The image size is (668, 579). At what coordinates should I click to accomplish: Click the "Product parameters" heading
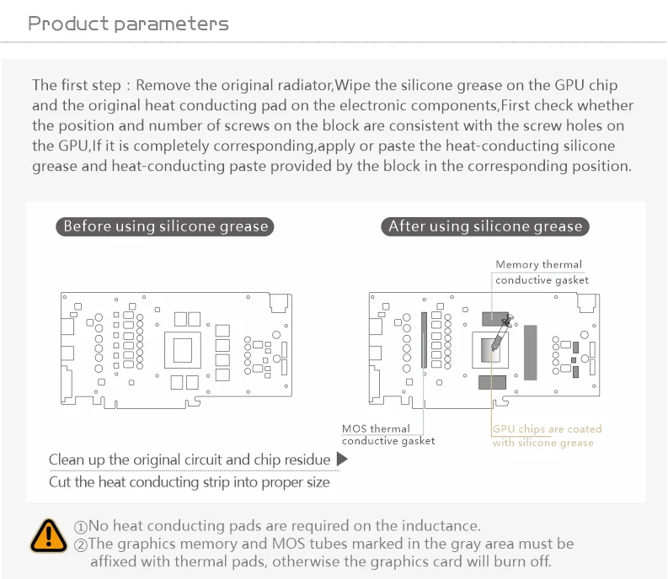[x=128, y=23]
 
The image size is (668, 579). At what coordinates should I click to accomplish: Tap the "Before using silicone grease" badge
[x=165, y=226]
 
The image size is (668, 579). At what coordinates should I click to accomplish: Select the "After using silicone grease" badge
[x=485, y=226]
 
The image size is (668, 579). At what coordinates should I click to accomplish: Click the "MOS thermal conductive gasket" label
[x=388, y=434]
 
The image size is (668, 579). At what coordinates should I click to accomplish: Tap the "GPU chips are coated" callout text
[x=547, y=429]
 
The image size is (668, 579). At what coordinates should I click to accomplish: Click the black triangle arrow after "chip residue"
[x=342, y=459]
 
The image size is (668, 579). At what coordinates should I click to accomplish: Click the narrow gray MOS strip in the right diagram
[x=424, y=340]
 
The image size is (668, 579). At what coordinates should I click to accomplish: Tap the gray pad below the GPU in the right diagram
[x=491, y=383]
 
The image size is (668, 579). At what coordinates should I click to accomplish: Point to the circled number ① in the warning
[x=81, y=527]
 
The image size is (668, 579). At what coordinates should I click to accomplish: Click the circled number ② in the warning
[x=81, y=544]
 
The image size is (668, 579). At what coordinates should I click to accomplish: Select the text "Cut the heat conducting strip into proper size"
[x=190, y=483]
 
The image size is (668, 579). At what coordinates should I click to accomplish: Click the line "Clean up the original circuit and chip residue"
[x=190, y=459]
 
